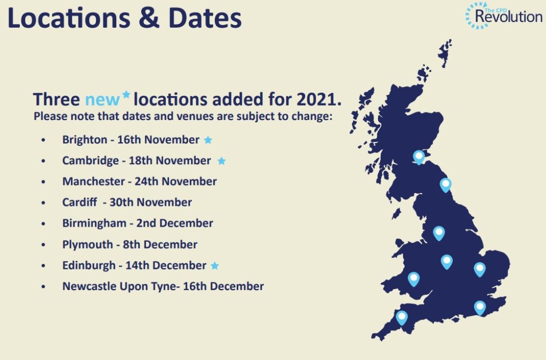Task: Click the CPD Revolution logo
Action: point(504,15)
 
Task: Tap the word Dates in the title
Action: point(205,18)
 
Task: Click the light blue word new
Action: point(102,100)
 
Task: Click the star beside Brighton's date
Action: point(208,140)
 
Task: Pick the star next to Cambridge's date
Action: point(221,161)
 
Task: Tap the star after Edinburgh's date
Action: point(215,266)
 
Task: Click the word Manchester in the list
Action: point(93,181)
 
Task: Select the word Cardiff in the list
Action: point(80,202)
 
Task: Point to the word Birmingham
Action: point(94,223)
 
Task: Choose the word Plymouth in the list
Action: point(87,244)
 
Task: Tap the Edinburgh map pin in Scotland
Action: point(419,157)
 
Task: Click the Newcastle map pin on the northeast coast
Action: point(445,185)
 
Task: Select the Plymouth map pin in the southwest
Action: point(402,318)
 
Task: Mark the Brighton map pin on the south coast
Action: point(480,308)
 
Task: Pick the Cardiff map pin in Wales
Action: point(414,279)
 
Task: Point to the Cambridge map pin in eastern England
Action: point(479,269)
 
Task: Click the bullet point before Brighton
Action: point(43,140)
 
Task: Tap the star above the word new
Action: point(126,94)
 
